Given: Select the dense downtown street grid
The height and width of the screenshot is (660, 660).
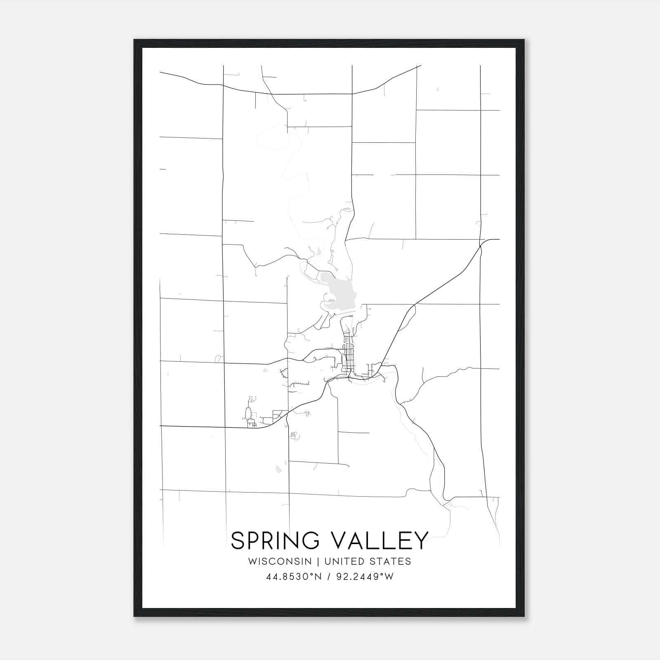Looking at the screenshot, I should [x=349, y=355].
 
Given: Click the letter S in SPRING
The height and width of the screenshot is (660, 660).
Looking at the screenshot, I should [x=238, y=540].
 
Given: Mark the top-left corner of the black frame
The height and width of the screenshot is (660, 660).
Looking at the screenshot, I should [x=134, y=40].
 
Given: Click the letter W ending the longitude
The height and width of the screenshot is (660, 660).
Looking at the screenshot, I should [x=389, y=577].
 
